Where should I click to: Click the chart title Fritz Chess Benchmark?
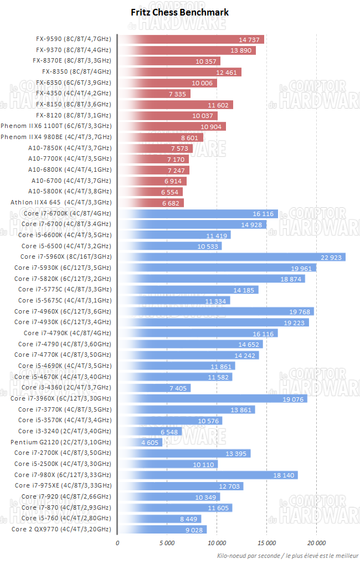tap(179, 12)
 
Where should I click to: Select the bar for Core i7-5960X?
tap(232, 257)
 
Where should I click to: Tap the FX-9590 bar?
tap(191, 39)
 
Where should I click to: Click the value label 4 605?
tap(151, 442)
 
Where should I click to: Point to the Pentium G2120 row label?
tap(61, 442)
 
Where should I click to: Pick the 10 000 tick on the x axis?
tap(217, 542)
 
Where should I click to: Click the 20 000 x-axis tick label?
tap(316, 542)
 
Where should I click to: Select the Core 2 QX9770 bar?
tap(162, 529)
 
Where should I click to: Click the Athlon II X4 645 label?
tap(61, 202)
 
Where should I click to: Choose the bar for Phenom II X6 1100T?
tap(172, 126)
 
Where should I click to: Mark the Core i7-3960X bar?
tap(213, 398)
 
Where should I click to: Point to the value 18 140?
tap(284, 475)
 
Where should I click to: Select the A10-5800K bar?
tap(150, 192)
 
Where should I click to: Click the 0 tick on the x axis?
tap(117, 542)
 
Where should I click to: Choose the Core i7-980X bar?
tap(208, 475)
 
